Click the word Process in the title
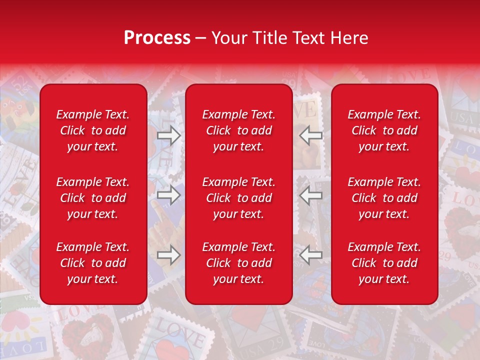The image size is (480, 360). [157, 38]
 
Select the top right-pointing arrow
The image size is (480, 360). [169, 135]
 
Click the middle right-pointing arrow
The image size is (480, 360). [169, 195]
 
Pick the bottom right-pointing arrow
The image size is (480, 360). [169, 254]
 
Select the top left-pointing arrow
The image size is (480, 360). [311, 135]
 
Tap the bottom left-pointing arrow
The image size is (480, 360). [311, 254]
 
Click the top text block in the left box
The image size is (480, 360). [93, 130]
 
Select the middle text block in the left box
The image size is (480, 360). [93, 198]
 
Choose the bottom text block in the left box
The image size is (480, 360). [93, 263]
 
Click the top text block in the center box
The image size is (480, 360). [239, 130]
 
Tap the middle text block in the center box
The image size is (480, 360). [239, 198]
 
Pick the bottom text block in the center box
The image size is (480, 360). [239, 263]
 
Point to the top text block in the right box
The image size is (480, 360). [384, 130]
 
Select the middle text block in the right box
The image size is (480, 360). [384, 198]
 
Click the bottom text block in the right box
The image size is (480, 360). [384, 263]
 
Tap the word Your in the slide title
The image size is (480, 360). [227, 38]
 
